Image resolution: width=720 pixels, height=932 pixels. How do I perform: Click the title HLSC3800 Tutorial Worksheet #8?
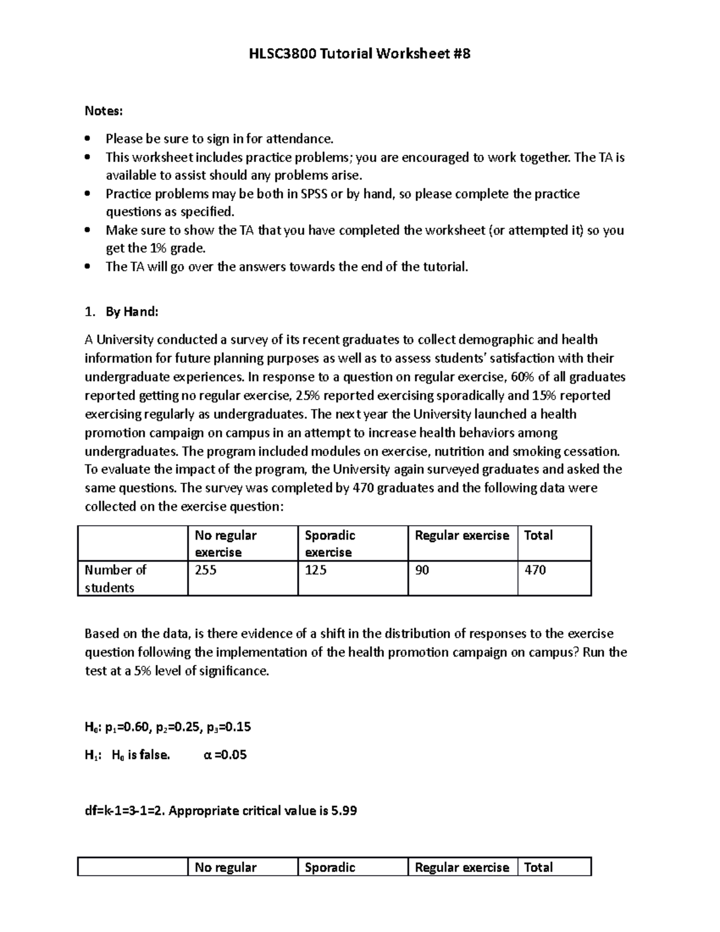coord(359,54)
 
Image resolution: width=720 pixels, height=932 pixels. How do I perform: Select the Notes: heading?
coord(103,111)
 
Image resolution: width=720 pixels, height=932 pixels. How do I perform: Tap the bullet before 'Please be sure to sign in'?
coord(88,139)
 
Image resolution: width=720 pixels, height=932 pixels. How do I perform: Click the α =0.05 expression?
coord(226,755)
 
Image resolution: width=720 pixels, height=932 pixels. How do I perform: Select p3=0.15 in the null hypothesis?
coord(228,728)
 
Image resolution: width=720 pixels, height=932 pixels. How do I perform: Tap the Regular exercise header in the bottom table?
coord(461,867)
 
